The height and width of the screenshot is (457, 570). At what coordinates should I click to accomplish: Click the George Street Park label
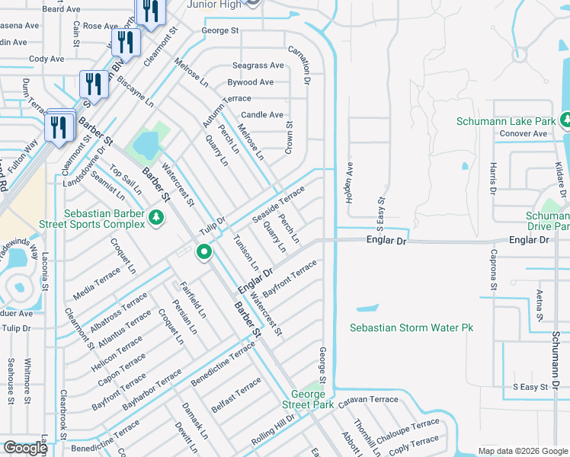[x=308, y=399]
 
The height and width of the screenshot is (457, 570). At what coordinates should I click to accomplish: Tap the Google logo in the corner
[x=25, y=448]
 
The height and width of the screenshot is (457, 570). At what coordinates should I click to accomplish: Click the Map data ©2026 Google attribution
[x=522, y=451]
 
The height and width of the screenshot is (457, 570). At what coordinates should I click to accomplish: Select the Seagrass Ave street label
[x=258, y=66]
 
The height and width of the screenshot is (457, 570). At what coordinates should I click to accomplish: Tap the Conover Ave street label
[x=524, y=134]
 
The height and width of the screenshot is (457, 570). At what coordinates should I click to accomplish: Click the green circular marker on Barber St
[x=203, y=252]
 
